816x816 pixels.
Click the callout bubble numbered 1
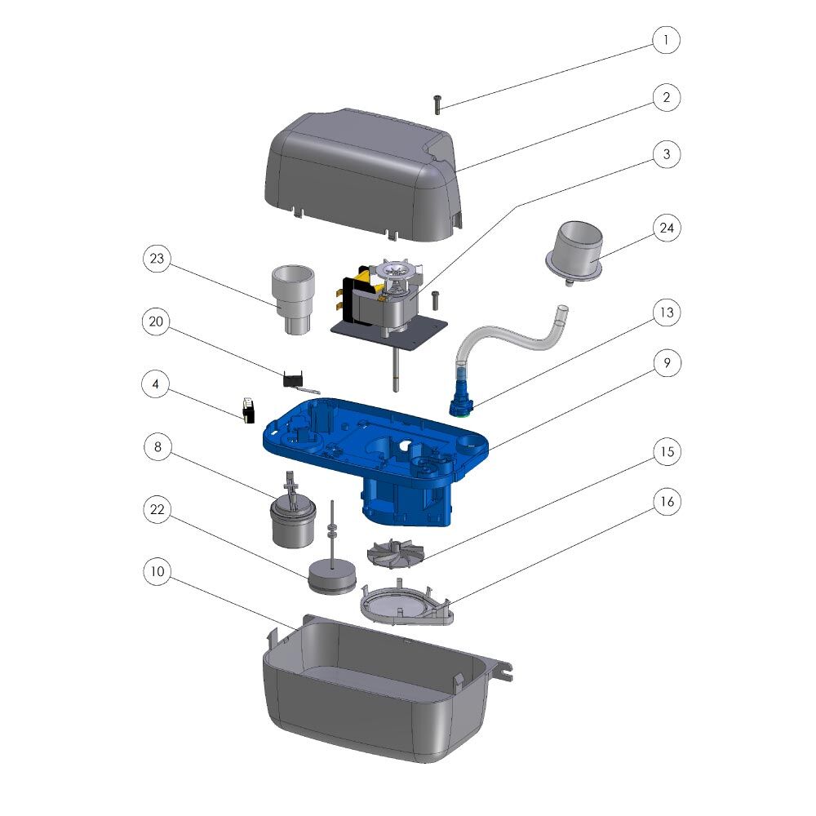tap(666, 40)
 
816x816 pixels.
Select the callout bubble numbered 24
tap(666, 228)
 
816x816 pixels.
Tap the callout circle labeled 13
tap(666, 313)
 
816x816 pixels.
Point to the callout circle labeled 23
tap(157, 259)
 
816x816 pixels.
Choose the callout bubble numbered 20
tap(156, 322)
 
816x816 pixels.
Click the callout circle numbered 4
tap(156, 384)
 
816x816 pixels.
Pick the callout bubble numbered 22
tap(157, 509)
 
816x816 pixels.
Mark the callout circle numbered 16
tap(667, 502)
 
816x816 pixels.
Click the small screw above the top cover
tap(437, 104)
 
